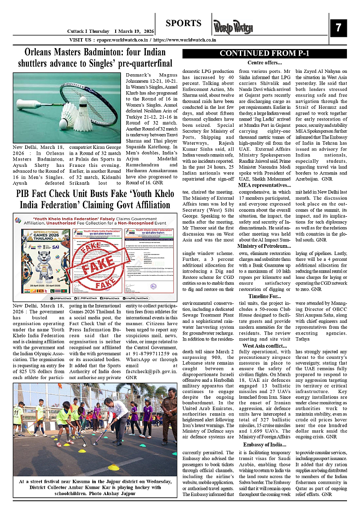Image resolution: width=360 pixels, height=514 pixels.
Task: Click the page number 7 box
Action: pos(338,28)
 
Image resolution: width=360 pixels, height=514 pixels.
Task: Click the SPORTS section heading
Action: pos(183,23)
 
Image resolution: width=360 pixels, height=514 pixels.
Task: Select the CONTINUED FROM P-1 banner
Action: pos(265,54)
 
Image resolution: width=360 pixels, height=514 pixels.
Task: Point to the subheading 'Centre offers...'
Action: pos(265,63)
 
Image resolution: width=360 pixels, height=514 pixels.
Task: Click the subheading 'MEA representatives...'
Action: pos(265,185)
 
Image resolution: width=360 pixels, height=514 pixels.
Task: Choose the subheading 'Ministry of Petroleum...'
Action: pos(265,246)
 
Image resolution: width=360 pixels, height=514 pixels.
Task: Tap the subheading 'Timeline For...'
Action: pos(265,296)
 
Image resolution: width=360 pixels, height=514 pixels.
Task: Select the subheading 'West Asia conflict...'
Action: pos(265,346)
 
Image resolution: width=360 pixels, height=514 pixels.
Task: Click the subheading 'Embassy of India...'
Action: pos(265,445)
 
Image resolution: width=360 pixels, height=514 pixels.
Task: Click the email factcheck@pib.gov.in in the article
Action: pos(148,372)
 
